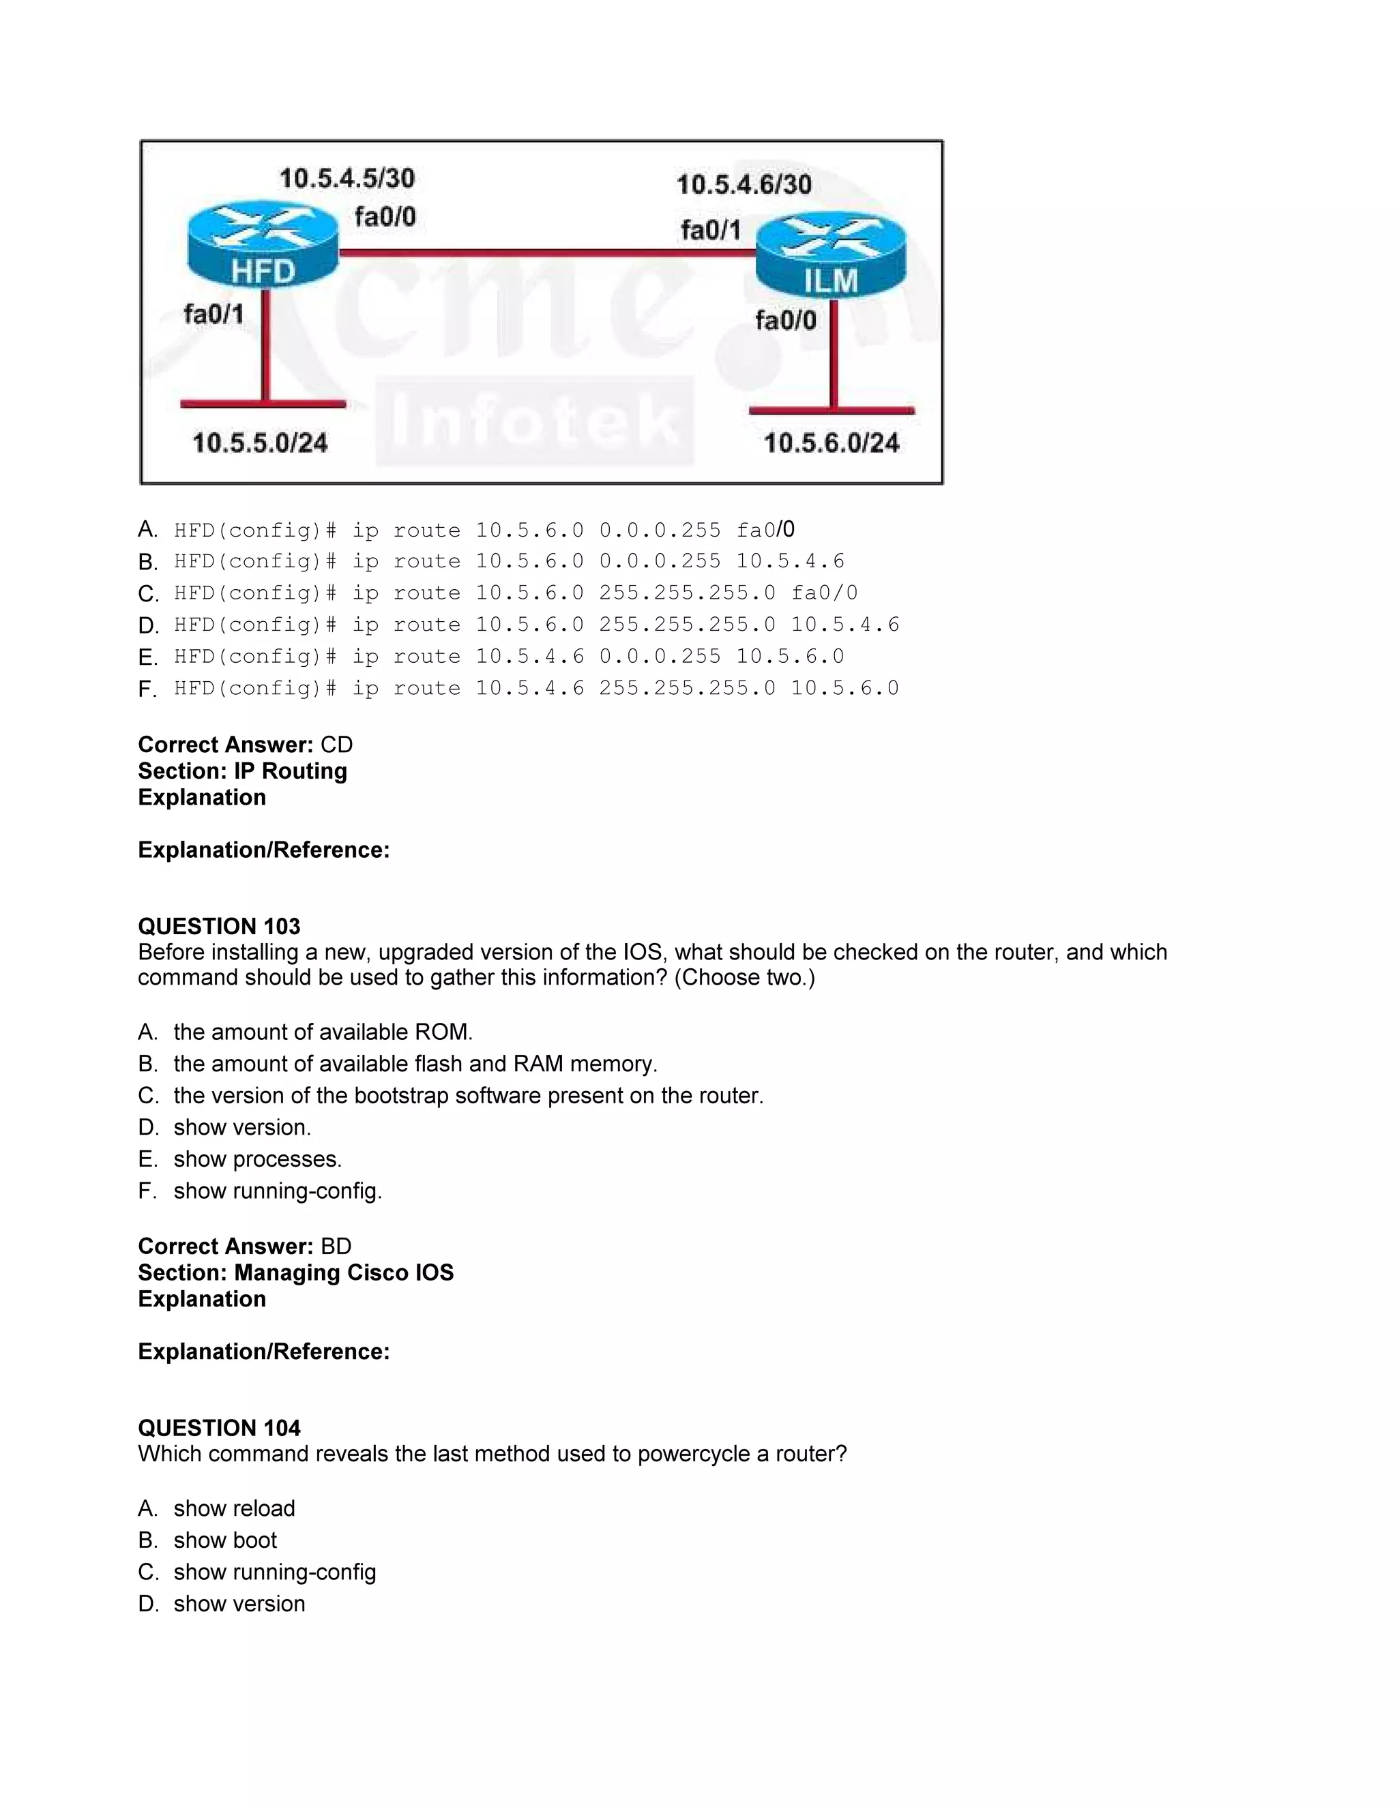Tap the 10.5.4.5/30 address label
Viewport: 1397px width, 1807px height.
tap(347, 178)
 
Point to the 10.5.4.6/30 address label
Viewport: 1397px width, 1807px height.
tap(744, 183)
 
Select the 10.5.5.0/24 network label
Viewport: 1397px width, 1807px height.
tap(260, 443)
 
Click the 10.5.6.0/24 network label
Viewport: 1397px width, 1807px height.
tap(831, 443)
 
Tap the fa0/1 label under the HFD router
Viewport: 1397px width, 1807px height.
tap(214, 314)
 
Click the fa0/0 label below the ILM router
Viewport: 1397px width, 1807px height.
tap(785, 320)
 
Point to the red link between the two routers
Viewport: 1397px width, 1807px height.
tap(546, 252)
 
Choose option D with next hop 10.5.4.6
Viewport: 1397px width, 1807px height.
tap(535, 625)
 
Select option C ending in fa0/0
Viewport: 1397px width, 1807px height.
tap(515, 593)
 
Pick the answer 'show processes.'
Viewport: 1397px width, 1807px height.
tap(257, 1159)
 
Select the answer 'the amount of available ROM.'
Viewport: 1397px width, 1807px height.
tap(323, 1032)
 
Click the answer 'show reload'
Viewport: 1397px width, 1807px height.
tap(234, 1508)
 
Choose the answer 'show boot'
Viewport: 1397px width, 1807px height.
tap(225, 1540)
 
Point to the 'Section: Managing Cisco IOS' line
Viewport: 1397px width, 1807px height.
tap(295, 1272)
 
